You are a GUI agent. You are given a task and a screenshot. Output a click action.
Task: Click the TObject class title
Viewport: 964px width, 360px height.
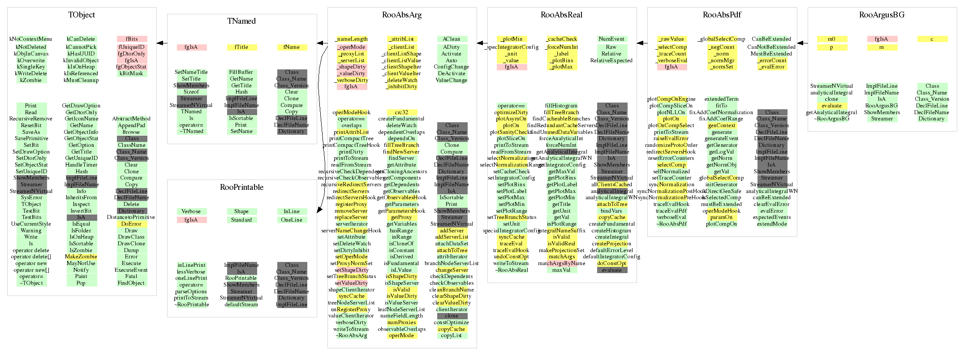coord(82,15)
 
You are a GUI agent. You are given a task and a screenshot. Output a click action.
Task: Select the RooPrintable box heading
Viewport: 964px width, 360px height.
coord(241,187)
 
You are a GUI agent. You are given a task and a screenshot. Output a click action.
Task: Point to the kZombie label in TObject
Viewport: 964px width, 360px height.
coord(31,80)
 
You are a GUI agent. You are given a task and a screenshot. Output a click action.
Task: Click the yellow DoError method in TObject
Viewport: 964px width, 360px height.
coord(131,224)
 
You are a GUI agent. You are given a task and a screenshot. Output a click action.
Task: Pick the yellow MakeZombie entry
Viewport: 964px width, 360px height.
coord(81,257)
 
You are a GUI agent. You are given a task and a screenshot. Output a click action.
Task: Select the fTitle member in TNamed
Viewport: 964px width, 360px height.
coord(241,47)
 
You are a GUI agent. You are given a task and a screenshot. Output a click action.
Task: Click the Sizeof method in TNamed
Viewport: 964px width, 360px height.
coord(191,92)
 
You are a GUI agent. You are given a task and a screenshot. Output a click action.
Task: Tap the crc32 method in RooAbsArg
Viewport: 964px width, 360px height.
coord(401,112)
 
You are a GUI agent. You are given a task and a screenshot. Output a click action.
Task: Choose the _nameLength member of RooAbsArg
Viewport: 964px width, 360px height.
coord(351,39)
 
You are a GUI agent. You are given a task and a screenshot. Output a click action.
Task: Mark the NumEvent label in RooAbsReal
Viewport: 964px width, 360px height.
coord(611,39)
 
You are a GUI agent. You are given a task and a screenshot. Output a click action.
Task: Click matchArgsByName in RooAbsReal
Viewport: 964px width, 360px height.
coord(561,263)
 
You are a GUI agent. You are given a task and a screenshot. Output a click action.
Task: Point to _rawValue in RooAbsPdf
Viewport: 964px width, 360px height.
coord(671,39)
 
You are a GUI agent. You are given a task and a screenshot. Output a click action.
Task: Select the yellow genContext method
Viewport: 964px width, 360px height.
coord(721,125)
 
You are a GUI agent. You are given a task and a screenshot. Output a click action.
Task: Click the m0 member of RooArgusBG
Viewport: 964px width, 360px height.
coord(831,39)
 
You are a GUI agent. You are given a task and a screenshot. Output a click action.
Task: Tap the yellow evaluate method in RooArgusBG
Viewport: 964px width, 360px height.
coord(831,106)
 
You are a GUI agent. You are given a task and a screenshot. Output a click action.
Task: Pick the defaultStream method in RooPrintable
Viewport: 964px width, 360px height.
coord(241,304)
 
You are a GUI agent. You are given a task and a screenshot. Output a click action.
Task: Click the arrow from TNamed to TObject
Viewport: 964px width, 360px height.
coord(162,43)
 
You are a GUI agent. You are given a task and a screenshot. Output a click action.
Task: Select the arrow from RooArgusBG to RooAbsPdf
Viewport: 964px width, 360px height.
coord(802,43)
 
